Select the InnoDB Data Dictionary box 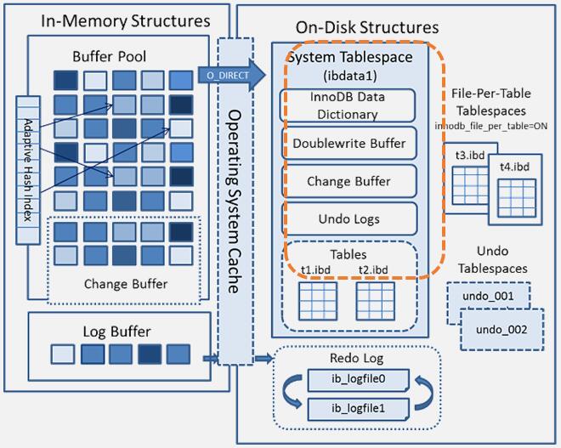point(346,105)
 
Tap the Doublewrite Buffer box point(348,143)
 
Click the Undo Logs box point(348,218)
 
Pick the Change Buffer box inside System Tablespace point(348,181)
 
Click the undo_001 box point(487,296)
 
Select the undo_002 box point(501,328)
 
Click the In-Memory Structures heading point(115,20)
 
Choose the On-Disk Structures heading point(366,28)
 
